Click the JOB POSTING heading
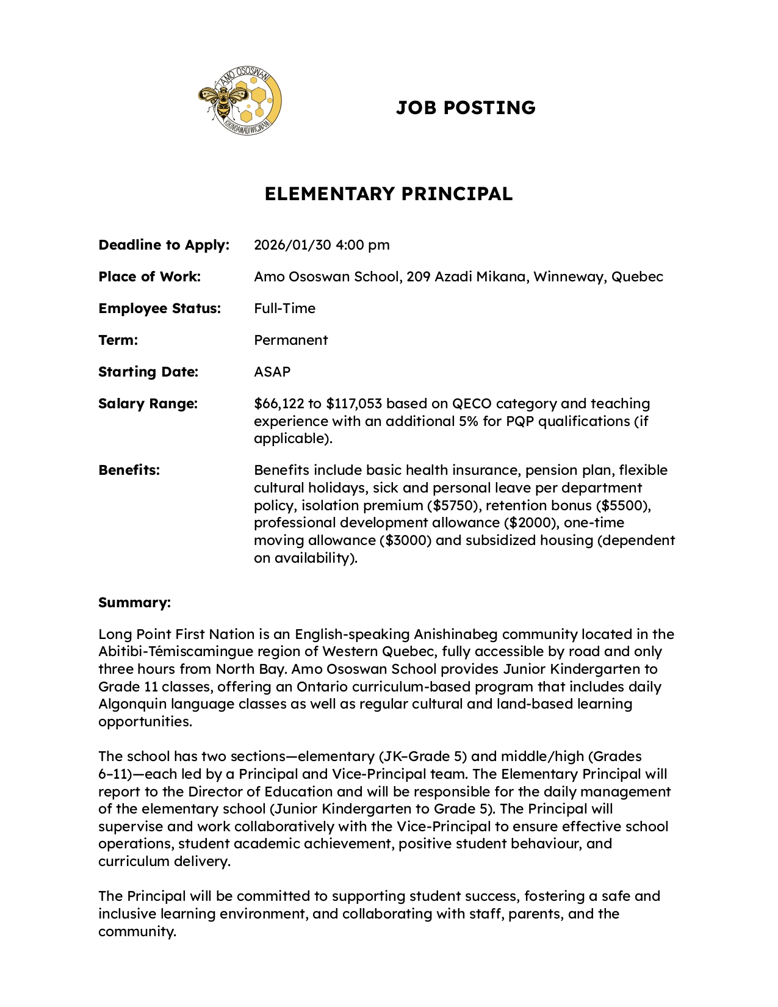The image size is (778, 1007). click(466, 108)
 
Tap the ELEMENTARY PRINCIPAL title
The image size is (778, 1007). click(388, 194)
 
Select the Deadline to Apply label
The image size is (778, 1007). click(164, 245)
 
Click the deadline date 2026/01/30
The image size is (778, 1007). click(292, 245)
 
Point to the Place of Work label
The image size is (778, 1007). click(149, 277)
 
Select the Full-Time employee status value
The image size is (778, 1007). click(284, 309)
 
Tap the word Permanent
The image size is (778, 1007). click(290, 341)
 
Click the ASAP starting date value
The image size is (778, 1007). click(272, 372)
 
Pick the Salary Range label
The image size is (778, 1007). click(148, 404)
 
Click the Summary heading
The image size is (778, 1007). click(134, 603)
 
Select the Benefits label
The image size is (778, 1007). click(129, 471)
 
